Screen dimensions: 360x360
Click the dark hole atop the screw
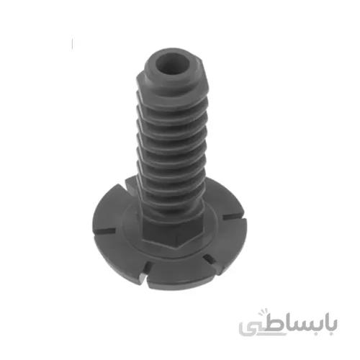[172, 63]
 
